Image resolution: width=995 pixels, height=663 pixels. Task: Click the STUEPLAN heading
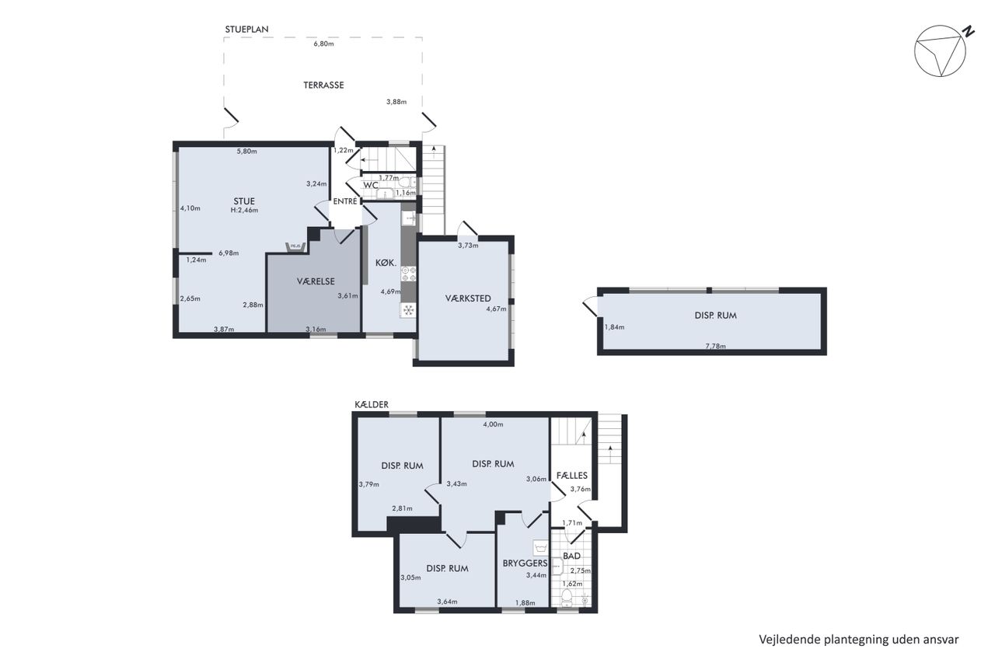pyautogui.click(x=246, y=30)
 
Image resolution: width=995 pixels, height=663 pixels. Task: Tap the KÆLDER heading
pyautogui.click(x=372, y=404)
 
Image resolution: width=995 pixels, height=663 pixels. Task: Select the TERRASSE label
pyautogui.click(x=323, y=85)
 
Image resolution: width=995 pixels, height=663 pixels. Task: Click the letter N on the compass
pyautogui.click(x=968, y=31)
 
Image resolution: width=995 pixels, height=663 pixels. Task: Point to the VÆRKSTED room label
pyautogui.click(x=468, y=298)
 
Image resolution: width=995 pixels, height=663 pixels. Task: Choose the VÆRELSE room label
pyautogui.click(x=316, y=281)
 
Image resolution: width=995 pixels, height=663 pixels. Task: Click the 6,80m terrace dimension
pyautogui.click(x=323, y=44)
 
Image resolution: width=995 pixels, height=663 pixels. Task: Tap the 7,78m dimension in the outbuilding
pyautogui.click(x=715, y=346)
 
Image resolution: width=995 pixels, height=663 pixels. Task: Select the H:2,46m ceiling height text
pyautogui.click(x=244, y=210)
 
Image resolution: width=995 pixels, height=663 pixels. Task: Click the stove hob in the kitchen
pyautogui.click(x=409, y=274)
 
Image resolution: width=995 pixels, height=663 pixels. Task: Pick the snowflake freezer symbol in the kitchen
pyautogui.click(x=408, y=310)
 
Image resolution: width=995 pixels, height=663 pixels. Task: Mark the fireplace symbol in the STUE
pyautogui.click(x=295, y=246)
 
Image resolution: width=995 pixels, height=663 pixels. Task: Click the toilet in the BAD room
pyautogui.click(x=567, y=597)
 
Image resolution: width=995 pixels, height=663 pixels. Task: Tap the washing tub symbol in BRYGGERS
pyautogui.click(x=540, y=547)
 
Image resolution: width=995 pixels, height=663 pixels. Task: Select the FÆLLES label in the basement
pyautogui.click(x=571, y=475)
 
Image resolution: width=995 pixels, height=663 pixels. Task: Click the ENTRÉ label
pyautogui.click(x=345, y=201)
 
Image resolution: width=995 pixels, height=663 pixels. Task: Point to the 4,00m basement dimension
pyautogui.click(x=493, y=424)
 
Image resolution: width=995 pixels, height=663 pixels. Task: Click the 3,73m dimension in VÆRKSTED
pyautogui.click(x=468, y=245)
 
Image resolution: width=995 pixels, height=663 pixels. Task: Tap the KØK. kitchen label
pyautogui.click(x=386, y=263)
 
